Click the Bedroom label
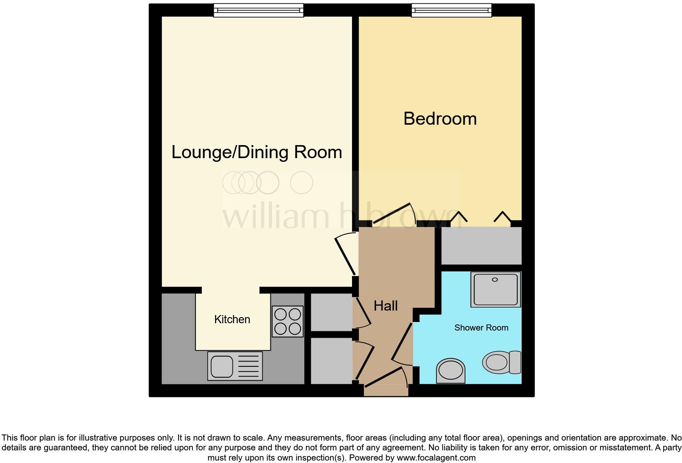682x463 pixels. click(440, 119)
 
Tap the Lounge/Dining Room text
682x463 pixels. click(257, 152)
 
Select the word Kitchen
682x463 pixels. click(232, 320)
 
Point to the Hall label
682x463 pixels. click(385, 306)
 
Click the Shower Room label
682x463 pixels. click(481, 328)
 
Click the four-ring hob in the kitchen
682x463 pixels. click(288, 321)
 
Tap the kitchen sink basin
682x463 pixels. click(222, 366)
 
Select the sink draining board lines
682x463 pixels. click(248, 366)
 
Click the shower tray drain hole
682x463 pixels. click(495, 280)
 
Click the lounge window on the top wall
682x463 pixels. click(259, 10)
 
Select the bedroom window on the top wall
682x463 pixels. click(451, 10)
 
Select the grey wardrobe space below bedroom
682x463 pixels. click(481, 246)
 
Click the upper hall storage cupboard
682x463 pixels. click(331, 312)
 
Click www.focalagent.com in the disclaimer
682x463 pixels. click(436, 458)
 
